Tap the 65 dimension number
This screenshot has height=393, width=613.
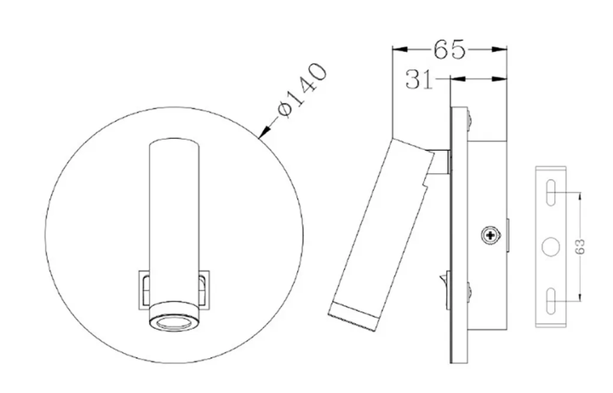pos(450,49)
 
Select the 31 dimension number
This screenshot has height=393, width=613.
pos(420,79)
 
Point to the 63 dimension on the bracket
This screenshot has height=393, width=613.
pos(581,246)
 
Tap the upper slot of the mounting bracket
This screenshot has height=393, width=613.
pos(551,193)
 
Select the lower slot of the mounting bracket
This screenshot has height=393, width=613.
pos(551,301)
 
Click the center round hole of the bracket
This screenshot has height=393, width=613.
pos(551,247)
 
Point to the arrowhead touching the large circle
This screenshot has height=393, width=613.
pos(265,132)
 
